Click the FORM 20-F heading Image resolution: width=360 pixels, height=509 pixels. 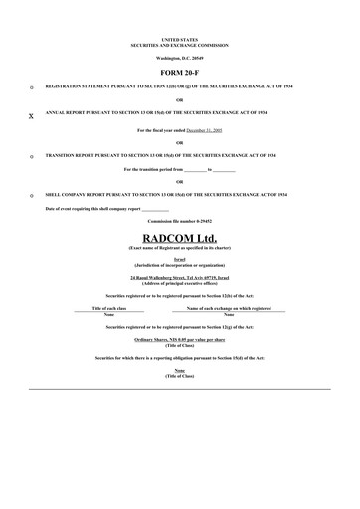pyautogui.click(x=179, y=74)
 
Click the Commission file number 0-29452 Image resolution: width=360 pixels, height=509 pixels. pyautogui.click(x=179, y=221)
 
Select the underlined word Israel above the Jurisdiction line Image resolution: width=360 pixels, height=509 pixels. pyautogui.click(x=179, y=259)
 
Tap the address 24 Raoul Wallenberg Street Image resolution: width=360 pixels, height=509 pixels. pyautogui.click(x=179, y=276)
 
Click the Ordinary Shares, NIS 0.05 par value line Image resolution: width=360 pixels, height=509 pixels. pyautogui.click(x=179, y=339)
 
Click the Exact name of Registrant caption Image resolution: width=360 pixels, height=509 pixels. pyautogui.click(x=179, y=247)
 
